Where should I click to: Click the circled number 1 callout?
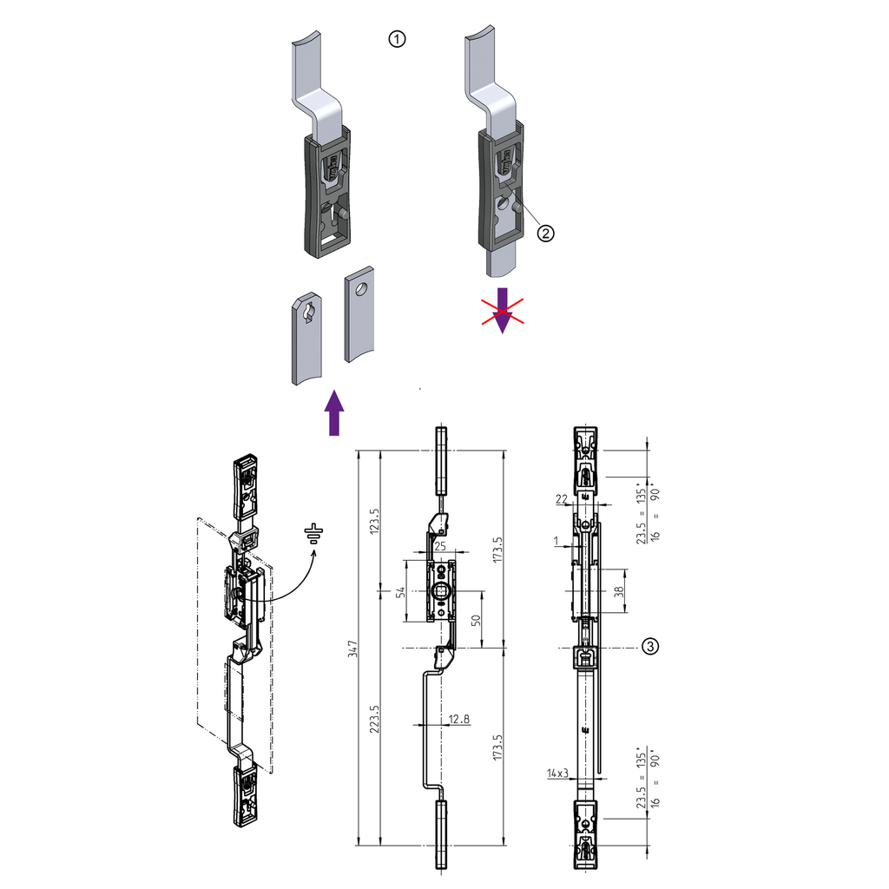[x=397, y=39]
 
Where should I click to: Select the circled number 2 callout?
[x=545, y=232]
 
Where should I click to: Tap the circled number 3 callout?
[x=650, y=646]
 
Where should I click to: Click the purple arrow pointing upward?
[x=333, y=412]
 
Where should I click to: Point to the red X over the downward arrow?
[x=503, y=312]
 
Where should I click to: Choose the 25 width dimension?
[x=441, y=547]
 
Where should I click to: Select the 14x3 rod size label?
[x=556, y=771]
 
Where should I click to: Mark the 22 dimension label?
[x=561, y=498]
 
